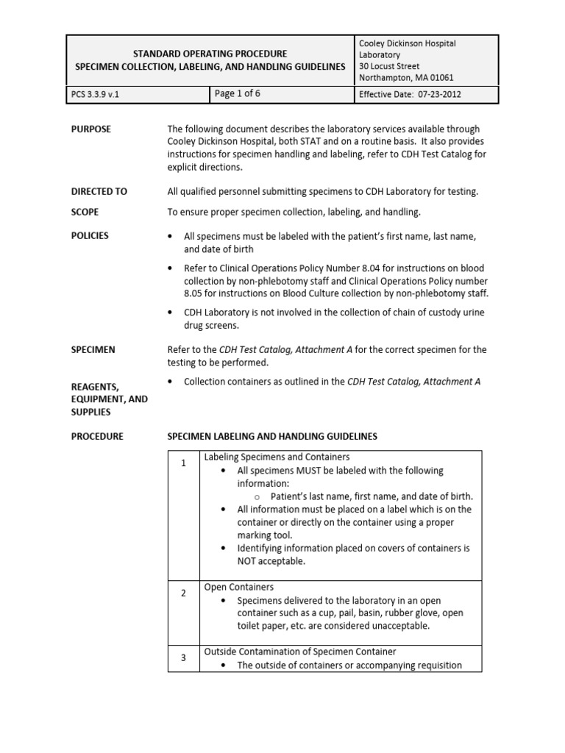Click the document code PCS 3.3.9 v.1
[95, 95]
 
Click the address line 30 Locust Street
[391, 66]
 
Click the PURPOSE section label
[91, 129]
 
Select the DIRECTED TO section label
[99, 191]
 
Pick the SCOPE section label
[85, 212]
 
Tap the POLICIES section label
[90, 235]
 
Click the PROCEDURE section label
[97, 436]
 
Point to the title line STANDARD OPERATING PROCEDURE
[210, 54]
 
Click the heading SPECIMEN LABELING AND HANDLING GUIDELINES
[272, 436]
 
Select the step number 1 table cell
[183, 463]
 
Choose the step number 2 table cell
[183, 593]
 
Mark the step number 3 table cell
[183, 658]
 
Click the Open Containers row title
[238, 587]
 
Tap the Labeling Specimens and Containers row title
[277, 457]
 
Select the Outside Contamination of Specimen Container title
[299, 652]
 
